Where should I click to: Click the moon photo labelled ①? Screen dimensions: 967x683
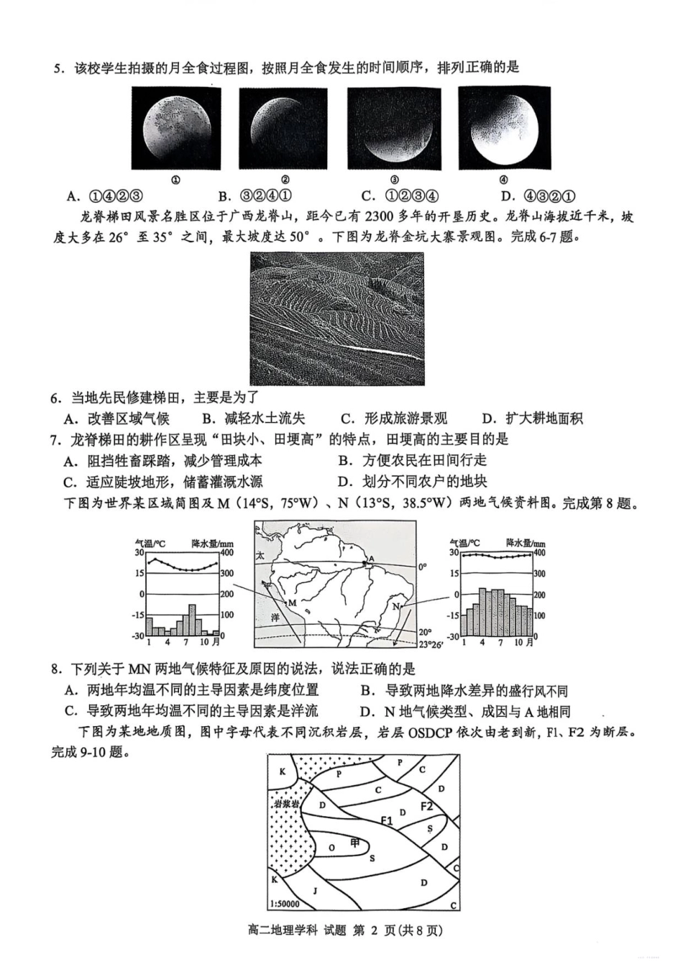pyautogui.click(x=176, y=128)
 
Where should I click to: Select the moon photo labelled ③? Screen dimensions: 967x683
pyautogui.click(x=394, y=128)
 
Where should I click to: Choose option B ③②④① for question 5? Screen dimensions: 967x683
pyautogui.click(x=256, y=196)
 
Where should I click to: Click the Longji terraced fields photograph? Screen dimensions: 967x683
pyautogui.click(x=337, y=318)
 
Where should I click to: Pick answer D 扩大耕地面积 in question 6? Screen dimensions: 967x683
pyautogui.click(x=533, y=418)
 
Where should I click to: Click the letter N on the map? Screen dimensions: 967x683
pyautogui.click(x=395, y=607)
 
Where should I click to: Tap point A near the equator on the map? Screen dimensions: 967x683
pyautogui.click(x=371, y=559)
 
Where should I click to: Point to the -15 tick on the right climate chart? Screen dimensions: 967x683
pyautogui.click(x=453, y=615)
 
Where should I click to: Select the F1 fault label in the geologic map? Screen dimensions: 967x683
pyautogui.click(x=388, y=820)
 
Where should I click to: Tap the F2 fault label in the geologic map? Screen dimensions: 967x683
pyautogui.click(x=427, y=806)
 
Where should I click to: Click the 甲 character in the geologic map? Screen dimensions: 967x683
pyautogui.click(x=354, y=843)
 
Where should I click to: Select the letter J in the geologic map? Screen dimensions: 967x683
pyautogui.click(x=315, y=889)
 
